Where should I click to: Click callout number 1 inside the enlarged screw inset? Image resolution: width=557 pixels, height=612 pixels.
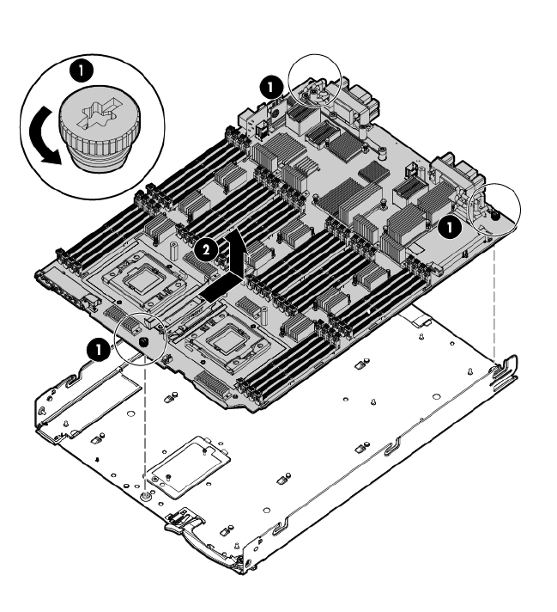(81, 70)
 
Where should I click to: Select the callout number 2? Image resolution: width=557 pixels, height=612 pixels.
(206, 249)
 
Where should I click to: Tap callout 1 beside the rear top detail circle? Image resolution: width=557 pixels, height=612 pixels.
(271, 87)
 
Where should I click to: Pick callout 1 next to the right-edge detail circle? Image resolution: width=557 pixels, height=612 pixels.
(450, 228)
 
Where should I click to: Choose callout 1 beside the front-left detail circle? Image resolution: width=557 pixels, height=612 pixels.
(98, 349)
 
